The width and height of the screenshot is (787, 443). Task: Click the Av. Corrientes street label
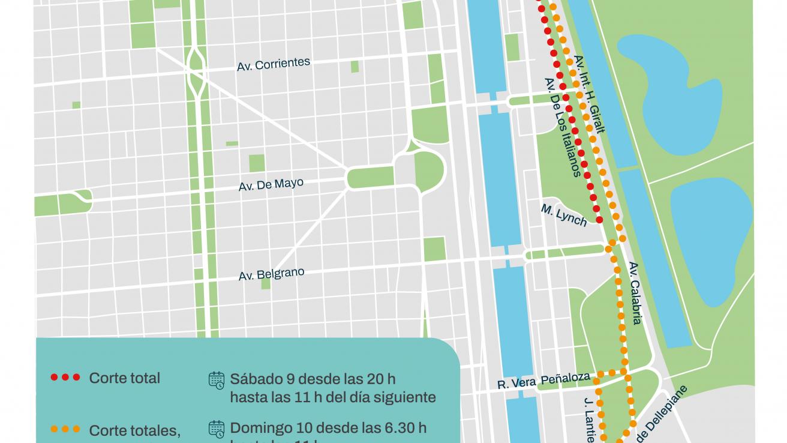tap(274, 64)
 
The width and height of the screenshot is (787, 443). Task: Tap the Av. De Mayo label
tap(271, 184)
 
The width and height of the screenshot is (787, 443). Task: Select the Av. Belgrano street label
tap(271, 274)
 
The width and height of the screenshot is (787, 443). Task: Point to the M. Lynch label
tap(564, 215)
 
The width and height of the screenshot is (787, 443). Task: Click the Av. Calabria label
tap(636, 293)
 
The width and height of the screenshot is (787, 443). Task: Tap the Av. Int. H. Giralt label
tap(590, 94)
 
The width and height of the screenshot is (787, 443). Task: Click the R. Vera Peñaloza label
tap(544, 381)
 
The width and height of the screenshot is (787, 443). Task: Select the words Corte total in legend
tap(125, 378)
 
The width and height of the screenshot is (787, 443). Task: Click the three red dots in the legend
tap(65, 378)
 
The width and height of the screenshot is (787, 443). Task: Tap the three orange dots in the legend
tap(65, 429)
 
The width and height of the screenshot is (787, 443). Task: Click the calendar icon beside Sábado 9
tap(217, 379)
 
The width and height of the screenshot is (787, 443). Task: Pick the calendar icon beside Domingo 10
tap(217, 429)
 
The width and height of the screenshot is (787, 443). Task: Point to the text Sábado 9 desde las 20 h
tap(313, 379)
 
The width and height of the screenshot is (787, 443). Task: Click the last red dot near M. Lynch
tap(599, 220)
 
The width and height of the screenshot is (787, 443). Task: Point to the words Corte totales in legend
tap(134, 430)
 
